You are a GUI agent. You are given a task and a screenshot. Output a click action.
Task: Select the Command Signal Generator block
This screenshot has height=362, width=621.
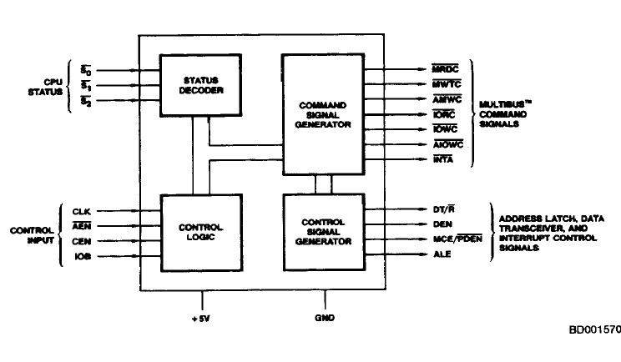(324, 113)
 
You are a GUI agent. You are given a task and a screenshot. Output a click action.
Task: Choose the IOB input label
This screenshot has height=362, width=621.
(81, 256)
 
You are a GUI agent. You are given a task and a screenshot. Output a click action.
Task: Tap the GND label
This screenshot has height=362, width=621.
(324, 318)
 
